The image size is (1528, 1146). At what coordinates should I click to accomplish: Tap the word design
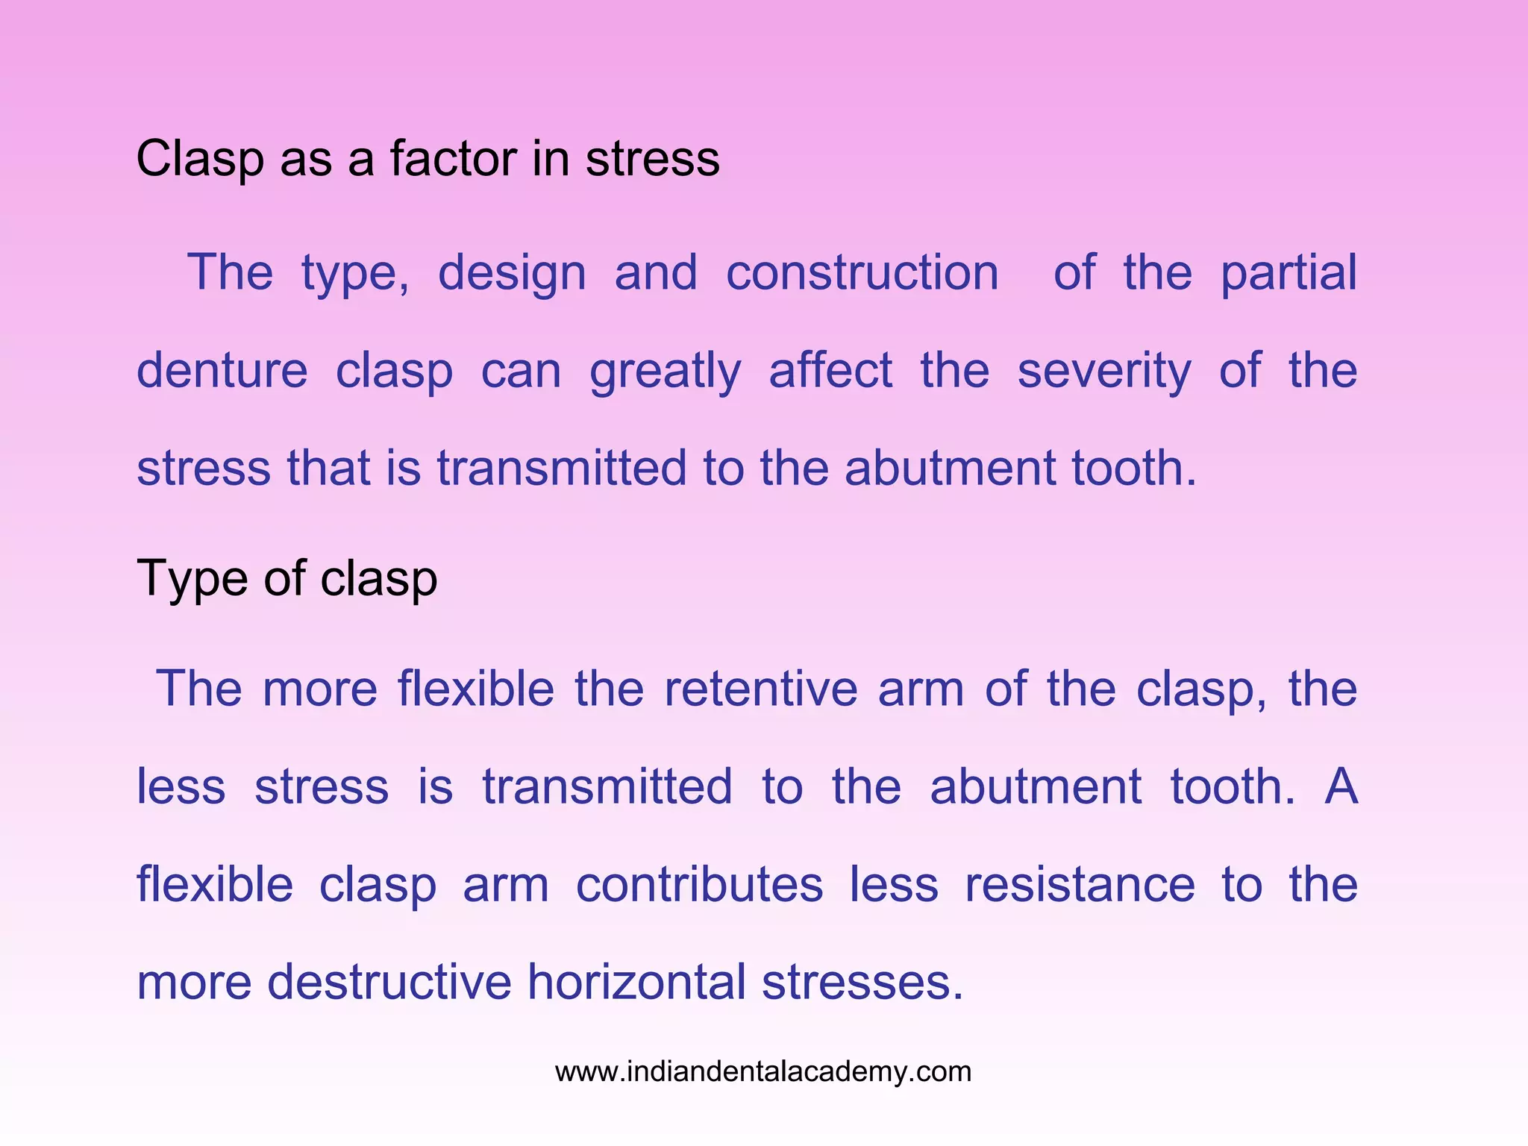tap(512, 273)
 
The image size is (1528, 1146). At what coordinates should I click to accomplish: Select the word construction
tap(862, 273)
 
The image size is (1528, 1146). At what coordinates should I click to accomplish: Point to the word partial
tap(1289, 273)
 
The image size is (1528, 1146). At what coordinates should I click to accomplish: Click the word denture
tap(222, 371)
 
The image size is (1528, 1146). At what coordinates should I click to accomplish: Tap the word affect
tap(830, 371)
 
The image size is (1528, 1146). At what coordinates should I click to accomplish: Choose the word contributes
tap(699, 885)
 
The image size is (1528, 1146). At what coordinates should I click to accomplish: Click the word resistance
tap(1080, 885)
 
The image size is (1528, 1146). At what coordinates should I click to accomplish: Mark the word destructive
tap(389, 982)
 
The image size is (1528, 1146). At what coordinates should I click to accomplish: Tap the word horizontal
tap(636, 982)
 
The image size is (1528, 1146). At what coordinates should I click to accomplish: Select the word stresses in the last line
tap(862, 982)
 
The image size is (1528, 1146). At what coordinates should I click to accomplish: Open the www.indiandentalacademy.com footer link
tap(763, 1072)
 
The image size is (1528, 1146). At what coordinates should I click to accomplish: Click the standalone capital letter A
tap(1341, 786)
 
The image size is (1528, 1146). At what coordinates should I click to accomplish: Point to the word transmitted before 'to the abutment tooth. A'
tap(607, 786)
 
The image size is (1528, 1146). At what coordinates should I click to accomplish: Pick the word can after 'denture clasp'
tap(521, 371)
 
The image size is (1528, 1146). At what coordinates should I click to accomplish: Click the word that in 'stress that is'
tap(328, 469)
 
